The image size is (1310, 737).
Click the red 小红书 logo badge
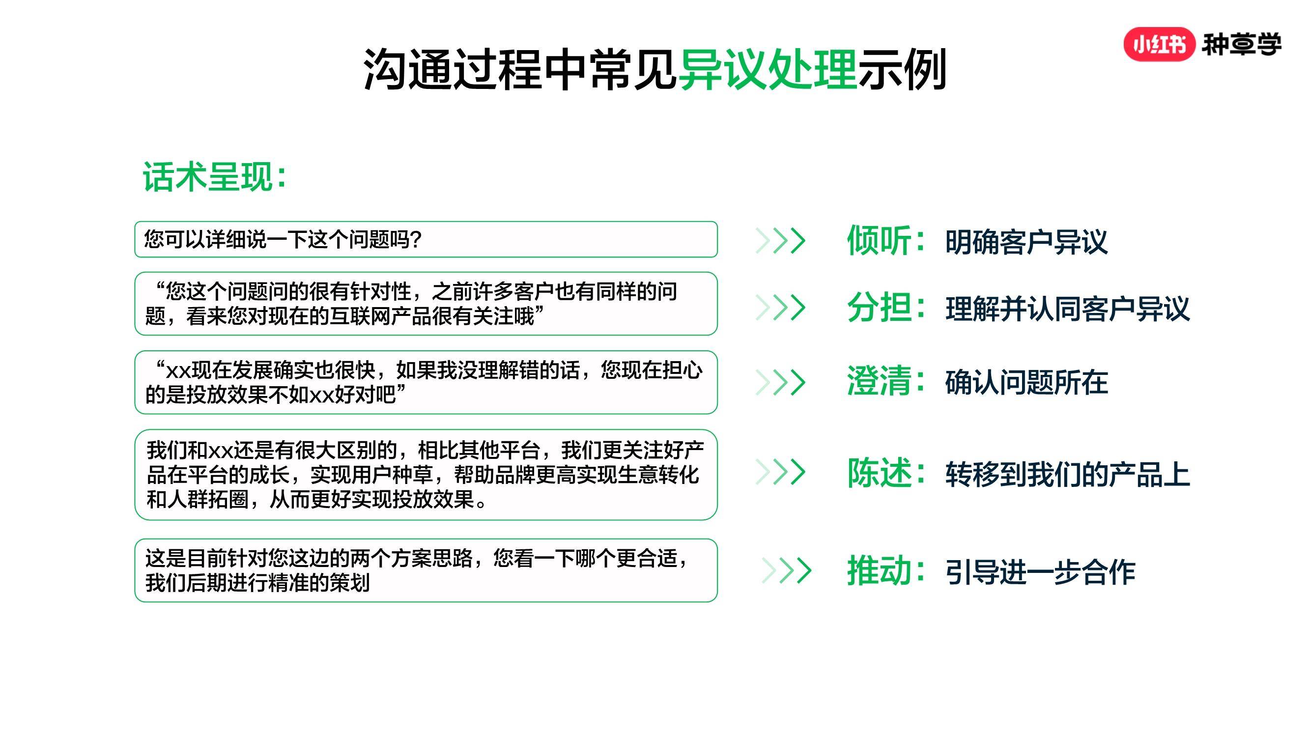coord(1159,44)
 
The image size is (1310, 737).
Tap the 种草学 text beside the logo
coord(1241,44)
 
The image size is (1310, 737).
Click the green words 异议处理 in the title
coord(768,69)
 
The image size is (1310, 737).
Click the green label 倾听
coord(879,240)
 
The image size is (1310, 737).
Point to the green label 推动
coord(879,570)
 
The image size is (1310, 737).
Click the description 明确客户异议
coord(1026,242)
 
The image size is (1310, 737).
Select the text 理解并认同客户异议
coord(1067,309)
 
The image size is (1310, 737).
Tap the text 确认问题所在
coord(1026,382)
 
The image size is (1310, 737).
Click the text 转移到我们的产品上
coord(1067,474)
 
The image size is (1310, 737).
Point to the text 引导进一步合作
coord(1040,572)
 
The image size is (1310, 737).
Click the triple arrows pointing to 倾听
coord(781,241)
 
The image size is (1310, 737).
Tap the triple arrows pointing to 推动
coord(786,570)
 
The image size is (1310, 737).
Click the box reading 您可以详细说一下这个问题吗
coord(426,239)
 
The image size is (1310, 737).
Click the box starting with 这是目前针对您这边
coord(426,570)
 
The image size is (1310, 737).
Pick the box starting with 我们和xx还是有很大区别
coord(426,475)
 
